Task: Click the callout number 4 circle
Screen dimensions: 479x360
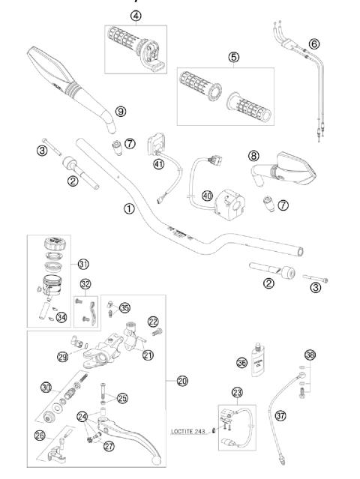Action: tap(134, 16)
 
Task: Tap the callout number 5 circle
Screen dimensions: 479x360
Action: tap(235, 56)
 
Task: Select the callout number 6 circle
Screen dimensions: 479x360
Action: tap(313, 43)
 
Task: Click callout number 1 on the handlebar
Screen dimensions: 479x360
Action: tap(129, 209)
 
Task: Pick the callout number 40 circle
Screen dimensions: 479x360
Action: tap(206, 196)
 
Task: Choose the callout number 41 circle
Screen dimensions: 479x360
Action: tap(158, 164)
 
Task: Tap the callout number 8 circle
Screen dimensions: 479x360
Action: tap(253, 156)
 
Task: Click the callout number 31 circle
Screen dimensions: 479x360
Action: tap(83, 263)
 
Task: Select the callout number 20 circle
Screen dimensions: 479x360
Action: tap(182, 380)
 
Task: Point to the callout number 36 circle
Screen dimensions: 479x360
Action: tap(241, 362)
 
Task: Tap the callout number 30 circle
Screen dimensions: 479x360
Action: tap(46, 387)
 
